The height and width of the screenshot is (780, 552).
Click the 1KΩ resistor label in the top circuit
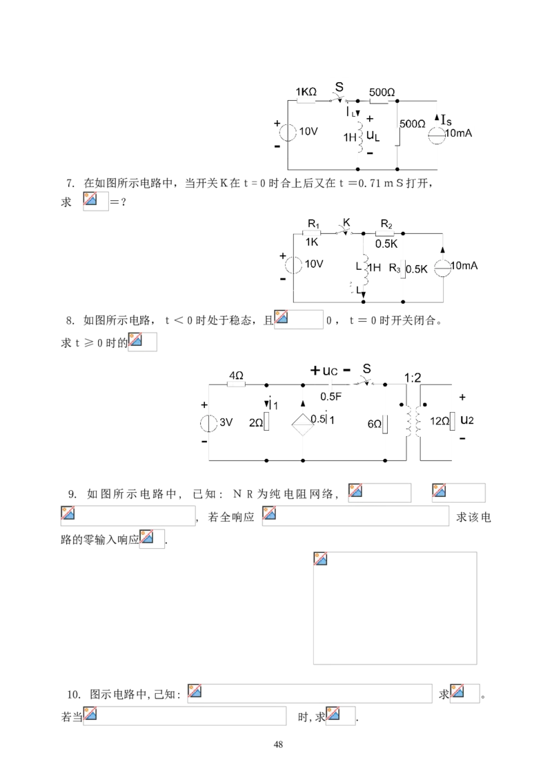tap(306, 92)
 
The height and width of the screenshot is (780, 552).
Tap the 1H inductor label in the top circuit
tap(350, 137)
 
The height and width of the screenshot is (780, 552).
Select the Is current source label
tap(446, 120)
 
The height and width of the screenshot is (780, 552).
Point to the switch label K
tap(346, 222)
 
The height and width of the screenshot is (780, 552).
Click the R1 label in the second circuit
tap(314, 224)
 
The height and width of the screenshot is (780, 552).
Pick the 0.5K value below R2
tap(386, 244)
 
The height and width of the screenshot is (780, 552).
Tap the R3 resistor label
tap(395, 268)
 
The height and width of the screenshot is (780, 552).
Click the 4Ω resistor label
tap(236, 376)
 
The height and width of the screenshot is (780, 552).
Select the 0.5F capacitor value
tap(331, 396)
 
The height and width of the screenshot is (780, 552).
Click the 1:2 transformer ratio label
tap(413, 378)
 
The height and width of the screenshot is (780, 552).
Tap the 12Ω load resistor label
tap(440, 421)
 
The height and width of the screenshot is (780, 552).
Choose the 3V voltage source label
tap(226, 422)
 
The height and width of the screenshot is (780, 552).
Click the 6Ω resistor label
tap(375, 424)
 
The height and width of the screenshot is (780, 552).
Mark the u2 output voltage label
tap(467, 420)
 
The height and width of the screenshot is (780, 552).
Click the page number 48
tap(279, 745)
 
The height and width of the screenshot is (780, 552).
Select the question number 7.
tap(70, 183)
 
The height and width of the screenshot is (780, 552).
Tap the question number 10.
tap(74, 694)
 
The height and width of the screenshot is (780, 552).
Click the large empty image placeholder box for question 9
tap(395, 608)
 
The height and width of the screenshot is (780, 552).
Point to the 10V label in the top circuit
tap(308, 131)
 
